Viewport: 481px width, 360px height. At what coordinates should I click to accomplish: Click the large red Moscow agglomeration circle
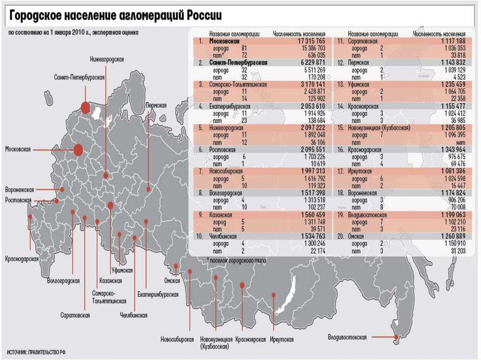[x=78, y=150]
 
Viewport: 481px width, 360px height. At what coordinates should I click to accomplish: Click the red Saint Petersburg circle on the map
[x=85, y=107]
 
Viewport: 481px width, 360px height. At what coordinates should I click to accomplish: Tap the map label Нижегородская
[x=107, y=59]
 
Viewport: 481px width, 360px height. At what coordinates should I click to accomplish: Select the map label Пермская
[x=156, y=105]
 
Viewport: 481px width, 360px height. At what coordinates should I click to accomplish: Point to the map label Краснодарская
[x=22, y=259]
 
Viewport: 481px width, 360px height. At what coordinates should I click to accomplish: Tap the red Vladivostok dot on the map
[x=396, y=337]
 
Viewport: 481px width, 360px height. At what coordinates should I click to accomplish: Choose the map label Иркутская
[x=282, y=339]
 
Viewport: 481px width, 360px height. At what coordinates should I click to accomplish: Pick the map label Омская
[x=172, y=281]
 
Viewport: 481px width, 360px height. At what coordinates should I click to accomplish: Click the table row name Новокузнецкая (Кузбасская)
[x=379, y=128]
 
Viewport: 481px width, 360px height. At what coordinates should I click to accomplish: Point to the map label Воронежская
[x=19, y=190]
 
